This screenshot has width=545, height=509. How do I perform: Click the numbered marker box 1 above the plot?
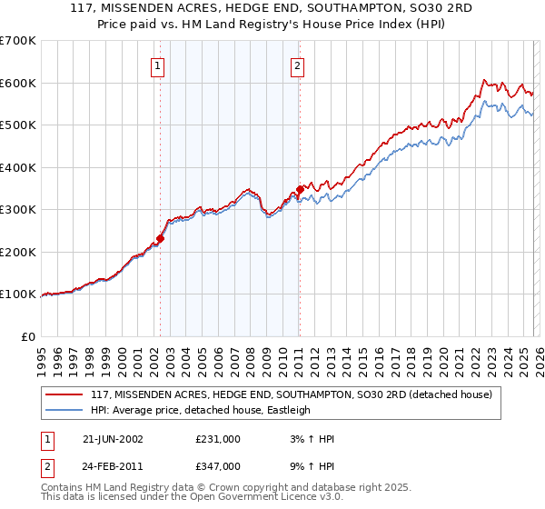158,65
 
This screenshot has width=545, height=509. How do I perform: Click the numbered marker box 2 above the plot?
297,65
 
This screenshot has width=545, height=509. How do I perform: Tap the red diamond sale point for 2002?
161,239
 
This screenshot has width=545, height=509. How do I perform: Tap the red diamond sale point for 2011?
300,190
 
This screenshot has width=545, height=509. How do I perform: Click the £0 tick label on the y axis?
28,336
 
